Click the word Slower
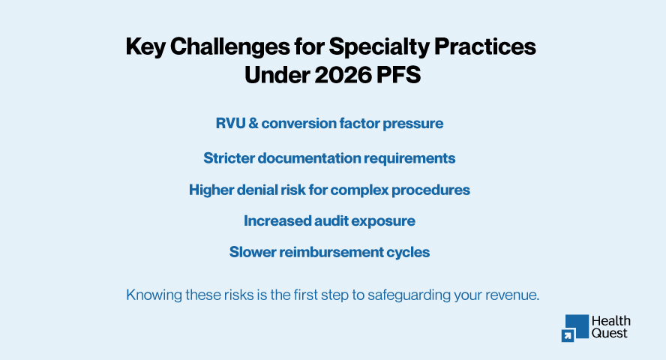(x=253, y=252)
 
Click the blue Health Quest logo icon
(x=574, y=328)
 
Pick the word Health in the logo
(x=610, y=321)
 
